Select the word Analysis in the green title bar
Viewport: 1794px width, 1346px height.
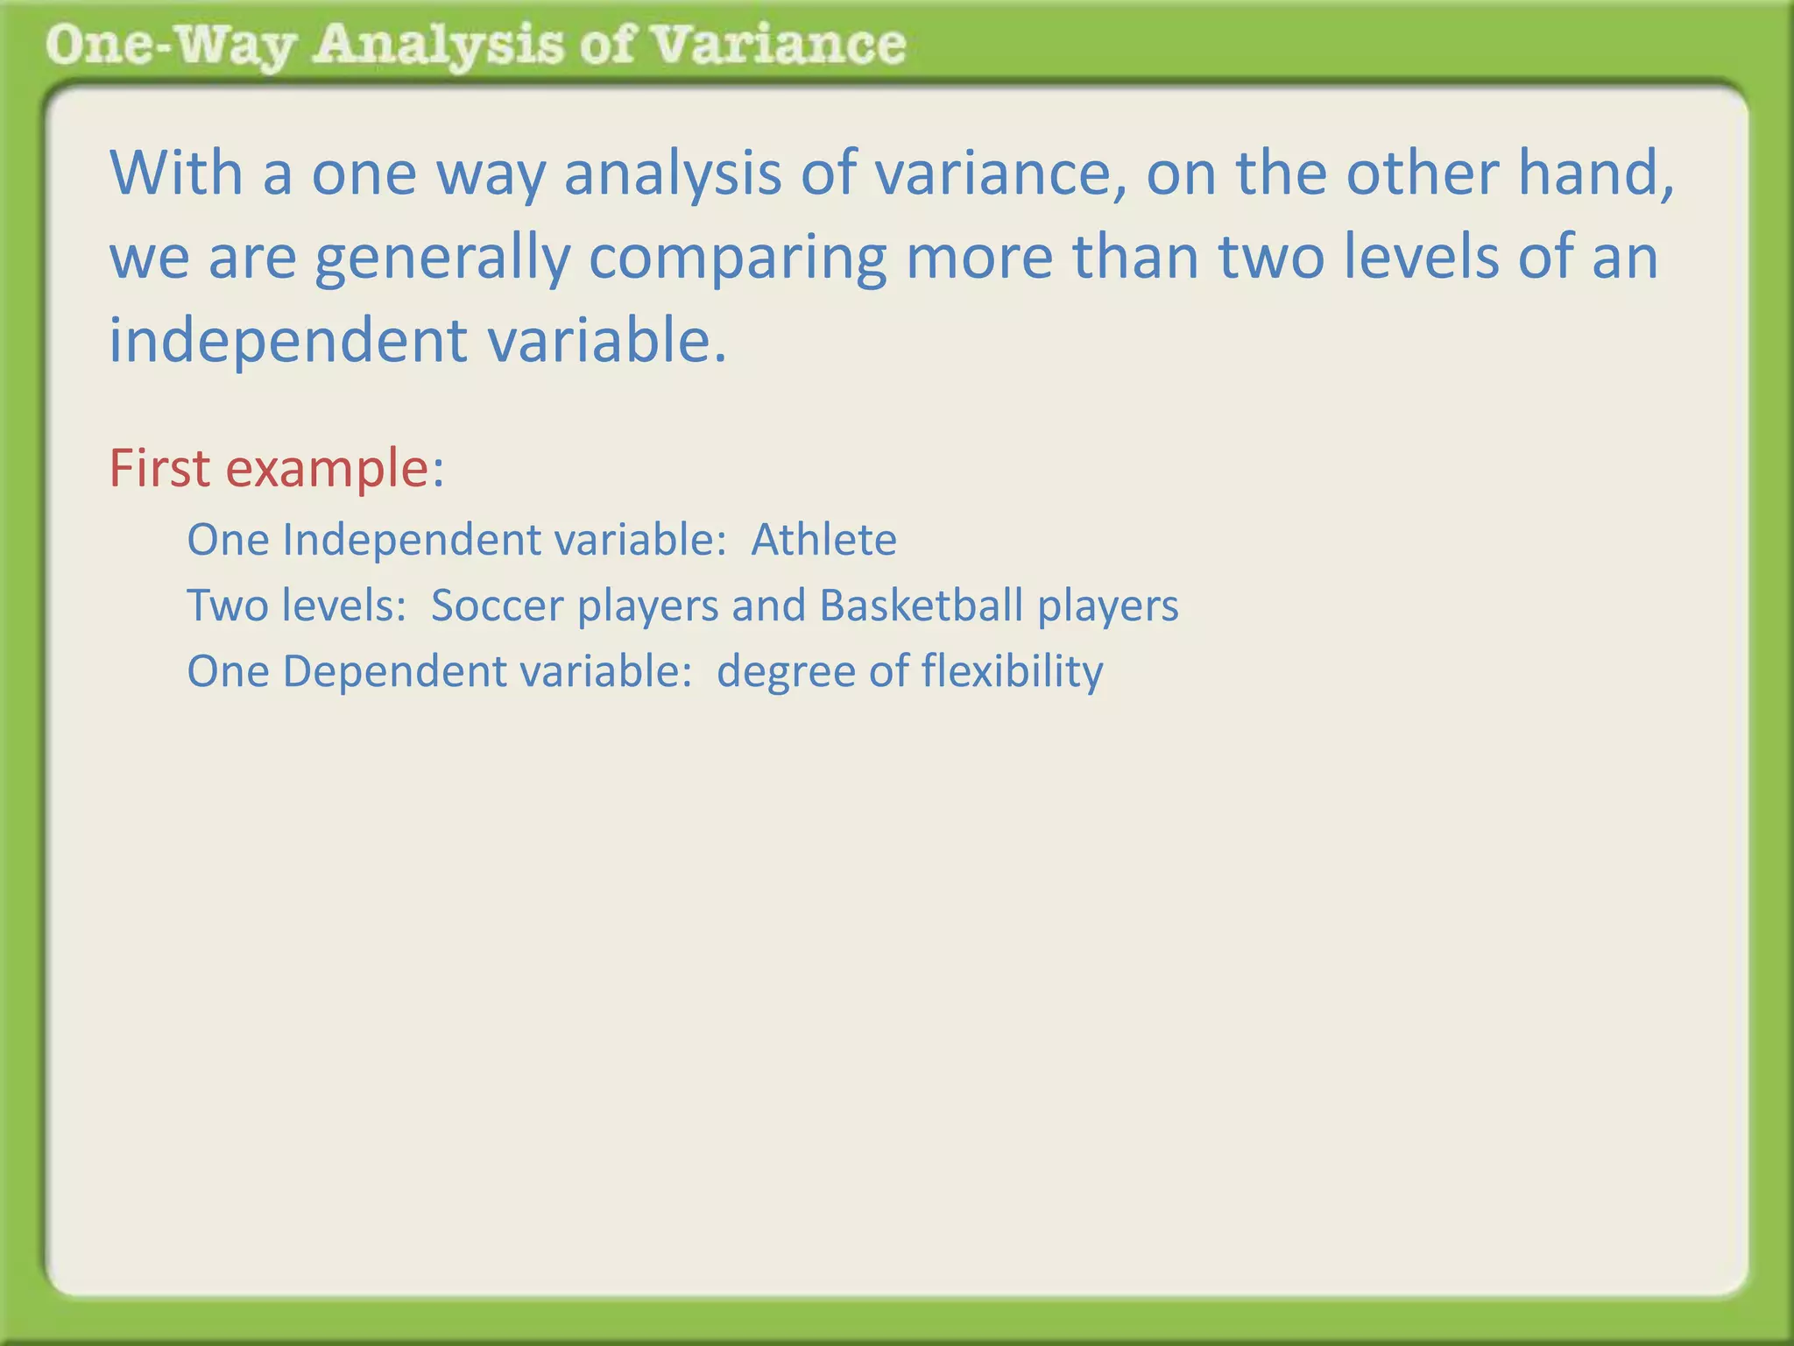click(438, 46)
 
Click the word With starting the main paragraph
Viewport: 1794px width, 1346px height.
click(176, 174)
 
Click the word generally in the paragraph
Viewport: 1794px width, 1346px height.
click(442, 258)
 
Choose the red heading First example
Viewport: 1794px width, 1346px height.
click(277, 469)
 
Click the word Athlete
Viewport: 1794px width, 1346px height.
click(823, 540)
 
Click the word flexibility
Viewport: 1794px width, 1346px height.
click(1012, 672)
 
